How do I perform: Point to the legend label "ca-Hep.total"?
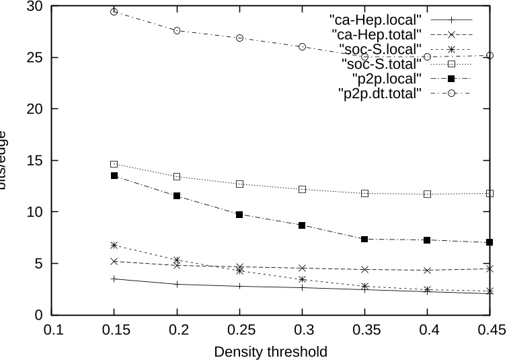376,32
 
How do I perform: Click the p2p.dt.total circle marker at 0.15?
114,11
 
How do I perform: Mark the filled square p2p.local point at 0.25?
239,215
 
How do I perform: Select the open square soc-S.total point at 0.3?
302,189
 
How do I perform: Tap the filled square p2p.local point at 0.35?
364,239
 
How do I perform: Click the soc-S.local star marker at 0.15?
114,245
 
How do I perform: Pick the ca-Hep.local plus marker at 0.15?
114,279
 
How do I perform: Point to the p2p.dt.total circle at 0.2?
177,30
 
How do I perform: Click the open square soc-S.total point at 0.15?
114,164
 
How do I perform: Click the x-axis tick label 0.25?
239,330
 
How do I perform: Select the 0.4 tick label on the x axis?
427,330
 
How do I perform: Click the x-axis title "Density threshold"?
270,351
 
